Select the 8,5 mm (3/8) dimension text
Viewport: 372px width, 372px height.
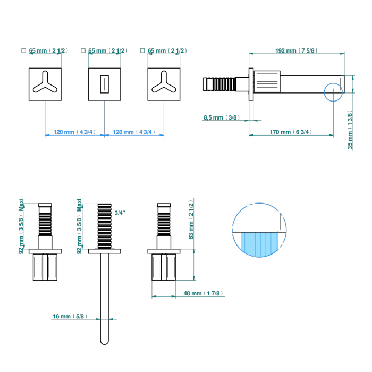pyautogui.click(x=221, y=118)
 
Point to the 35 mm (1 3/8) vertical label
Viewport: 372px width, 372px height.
pyautogui.click(x=350, y=131)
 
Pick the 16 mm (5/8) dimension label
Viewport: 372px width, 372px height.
pyautogui.click(x=69, y=317)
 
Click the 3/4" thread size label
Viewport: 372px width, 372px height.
pyautogui.click(x=120, y=213)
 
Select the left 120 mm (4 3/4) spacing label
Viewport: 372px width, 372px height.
pyautogui.click(x=75, y=132)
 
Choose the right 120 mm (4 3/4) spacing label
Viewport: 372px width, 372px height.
pyautogui.click(x=134, y=132)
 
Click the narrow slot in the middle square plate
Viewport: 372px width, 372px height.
pyautogui.click(x=105, y=84)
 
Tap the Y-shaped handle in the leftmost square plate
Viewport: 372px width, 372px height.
pyautogui.click(x=44, y=84)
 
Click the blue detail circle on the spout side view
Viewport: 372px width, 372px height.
pyautogui.click(x=333, y=91)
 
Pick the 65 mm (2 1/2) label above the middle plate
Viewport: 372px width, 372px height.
pyautogui.click(x=107, y=50)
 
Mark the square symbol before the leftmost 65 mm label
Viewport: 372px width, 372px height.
pyautogui.click(x=23, y=50)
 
